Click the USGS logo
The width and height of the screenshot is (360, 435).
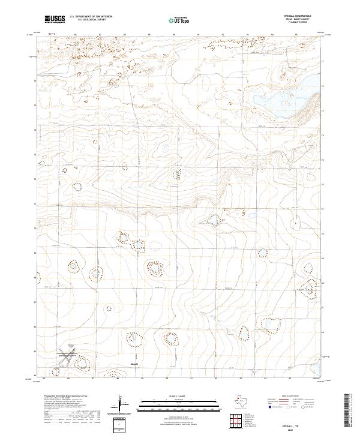pyautogui.click(x=55, y=20)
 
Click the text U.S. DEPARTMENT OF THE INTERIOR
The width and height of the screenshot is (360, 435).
pyautogui.click(x=91, y=17)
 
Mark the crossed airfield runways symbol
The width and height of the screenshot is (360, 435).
pyautogui.click(x=68, y=355)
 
